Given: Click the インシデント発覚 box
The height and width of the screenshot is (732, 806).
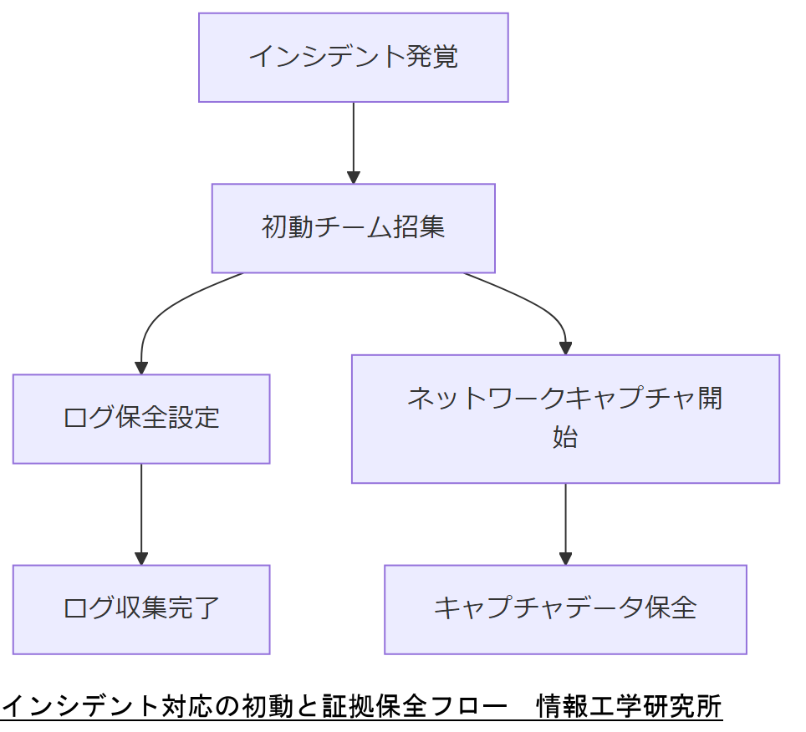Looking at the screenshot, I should [353, 58].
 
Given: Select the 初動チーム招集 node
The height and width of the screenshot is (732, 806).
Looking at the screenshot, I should [353, 228].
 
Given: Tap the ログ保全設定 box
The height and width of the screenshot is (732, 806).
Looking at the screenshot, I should [140, 418].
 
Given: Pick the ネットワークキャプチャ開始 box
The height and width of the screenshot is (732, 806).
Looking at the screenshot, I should [565, 419].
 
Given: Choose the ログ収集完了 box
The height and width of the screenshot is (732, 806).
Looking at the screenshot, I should [140, 609].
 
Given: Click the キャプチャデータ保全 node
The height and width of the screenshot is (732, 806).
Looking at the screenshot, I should [565, 609].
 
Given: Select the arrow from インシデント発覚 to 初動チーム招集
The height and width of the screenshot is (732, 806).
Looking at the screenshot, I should [353, 142].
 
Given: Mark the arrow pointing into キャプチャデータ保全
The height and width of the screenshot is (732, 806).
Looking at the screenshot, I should [565, 523].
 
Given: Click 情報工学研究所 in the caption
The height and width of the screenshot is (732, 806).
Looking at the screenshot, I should [629, 707].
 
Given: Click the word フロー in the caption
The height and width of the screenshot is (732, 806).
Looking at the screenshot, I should [467, 707].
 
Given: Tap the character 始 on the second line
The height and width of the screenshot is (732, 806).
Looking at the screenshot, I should [565, 438].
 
